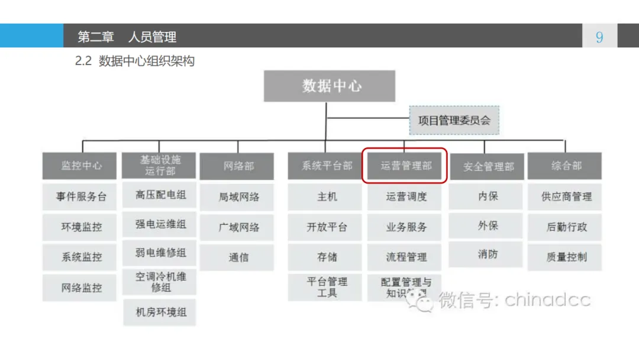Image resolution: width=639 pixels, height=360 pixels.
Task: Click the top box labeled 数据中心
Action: [329, 86]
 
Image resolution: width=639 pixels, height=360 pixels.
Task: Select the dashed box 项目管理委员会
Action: [454, 121]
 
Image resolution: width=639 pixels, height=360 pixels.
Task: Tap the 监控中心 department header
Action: [81, 166]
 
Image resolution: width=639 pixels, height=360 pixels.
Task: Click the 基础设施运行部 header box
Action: [160, 165]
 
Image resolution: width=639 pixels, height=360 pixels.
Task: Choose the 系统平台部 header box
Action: [327, 166]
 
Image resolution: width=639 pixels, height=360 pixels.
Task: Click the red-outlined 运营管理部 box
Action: [405, 166]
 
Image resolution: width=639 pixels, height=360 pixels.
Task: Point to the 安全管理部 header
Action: [487, 167]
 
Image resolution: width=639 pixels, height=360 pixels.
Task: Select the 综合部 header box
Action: [566, 166]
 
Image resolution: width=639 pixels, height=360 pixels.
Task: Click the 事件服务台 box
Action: [81, 197]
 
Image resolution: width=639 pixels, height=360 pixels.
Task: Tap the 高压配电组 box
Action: [160, 195]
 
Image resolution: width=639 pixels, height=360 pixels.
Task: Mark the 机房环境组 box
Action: [160, 312]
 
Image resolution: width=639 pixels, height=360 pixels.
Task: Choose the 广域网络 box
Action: [238, 227]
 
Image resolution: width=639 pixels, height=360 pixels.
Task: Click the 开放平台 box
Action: [327, 227]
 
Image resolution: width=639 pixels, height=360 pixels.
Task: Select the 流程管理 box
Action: [405, 258]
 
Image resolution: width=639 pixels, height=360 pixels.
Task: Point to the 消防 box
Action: [487, 255]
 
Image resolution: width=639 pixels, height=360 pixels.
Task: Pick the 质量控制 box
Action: [566, 258]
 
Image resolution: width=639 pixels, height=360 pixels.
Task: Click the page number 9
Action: [599, 37]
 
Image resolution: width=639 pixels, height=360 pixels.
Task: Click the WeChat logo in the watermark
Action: [424, 301]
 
